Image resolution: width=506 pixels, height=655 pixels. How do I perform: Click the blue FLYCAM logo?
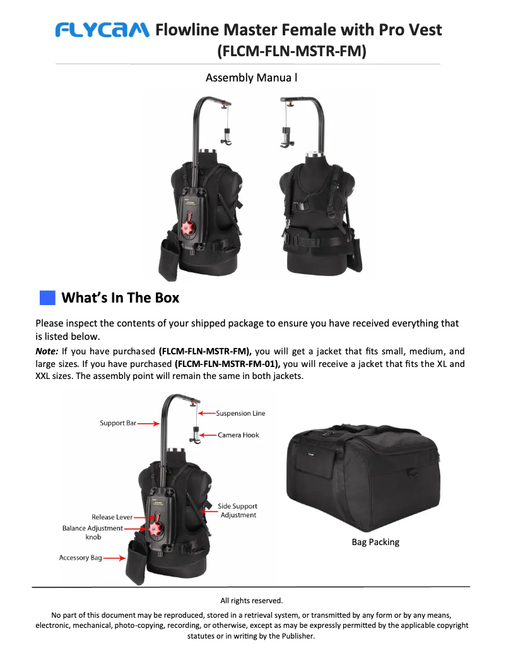(x=102, y=30)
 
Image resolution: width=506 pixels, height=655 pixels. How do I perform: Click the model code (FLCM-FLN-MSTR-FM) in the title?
(x=291, y=51)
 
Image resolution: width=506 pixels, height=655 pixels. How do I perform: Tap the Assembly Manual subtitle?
(x=251, y=78)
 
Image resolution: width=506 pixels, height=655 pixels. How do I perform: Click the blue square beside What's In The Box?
(x=47, y=298)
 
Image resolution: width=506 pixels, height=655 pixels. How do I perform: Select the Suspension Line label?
(x=240, y=413)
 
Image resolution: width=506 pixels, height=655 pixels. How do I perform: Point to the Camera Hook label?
(x=238, y=435)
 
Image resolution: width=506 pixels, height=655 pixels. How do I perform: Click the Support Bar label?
(x=118, y=423)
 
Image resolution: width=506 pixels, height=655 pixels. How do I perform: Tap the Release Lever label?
(x=112, y=517)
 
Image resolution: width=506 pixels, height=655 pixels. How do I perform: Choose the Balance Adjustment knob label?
(x=93, y=532)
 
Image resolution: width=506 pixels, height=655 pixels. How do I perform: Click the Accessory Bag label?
(x=81, y=558)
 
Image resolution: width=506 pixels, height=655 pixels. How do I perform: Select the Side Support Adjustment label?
(x=238, y=510)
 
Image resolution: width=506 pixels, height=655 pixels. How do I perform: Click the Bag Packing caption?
(x=375, y=542)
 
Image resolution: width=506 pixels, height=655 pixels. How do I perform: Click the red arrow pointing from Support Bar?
(x=148, y=424)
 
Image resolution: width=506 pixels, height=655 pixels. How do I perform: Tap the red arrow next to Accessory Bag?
(x=114, y=558)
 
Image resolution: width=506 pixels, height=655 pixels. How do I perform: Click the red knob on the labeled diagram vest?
(x=155, y=528)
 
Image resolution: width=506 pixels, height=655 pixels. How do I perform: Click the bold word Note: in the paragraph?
(x=47, y=351)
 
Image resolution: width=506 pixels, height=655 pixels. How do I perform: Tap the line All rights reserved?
(x=252, y=601)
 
